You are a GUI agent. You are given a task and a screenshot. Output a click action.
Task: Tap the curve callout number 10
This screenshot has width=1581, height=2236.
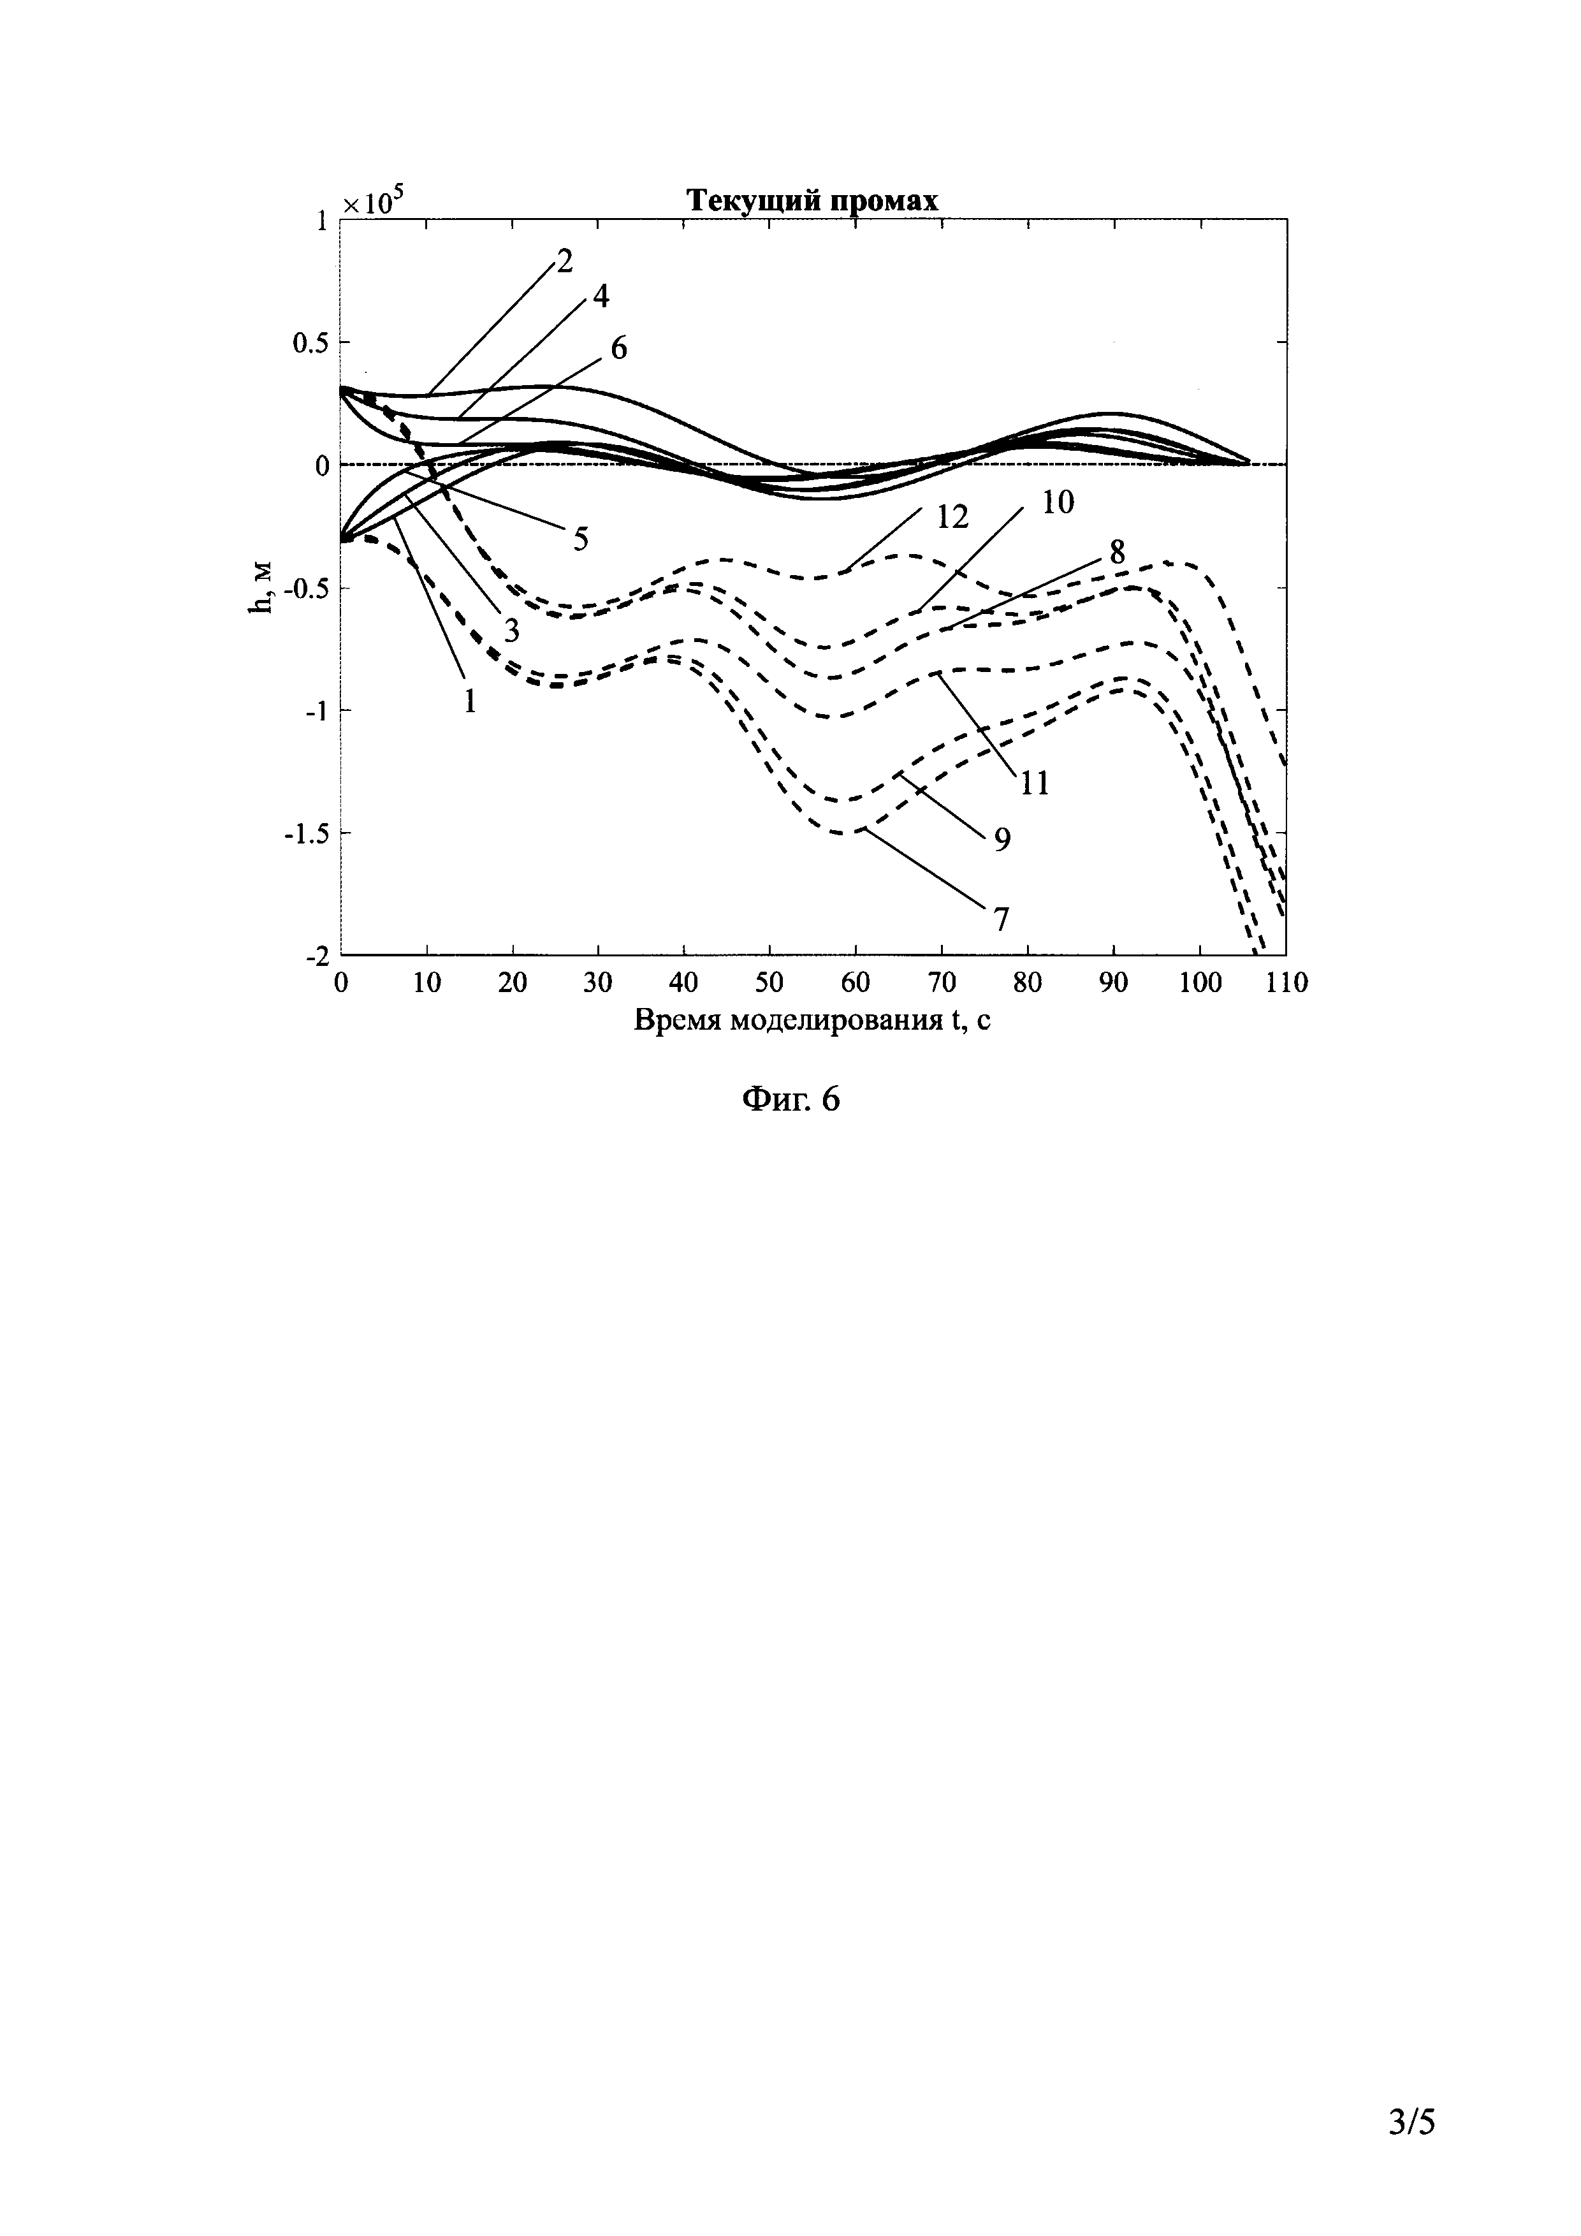coord(1057,502)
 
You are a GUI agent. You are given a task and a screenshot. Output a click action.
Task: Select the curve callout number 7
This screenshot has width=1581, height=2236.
coord(1001,918)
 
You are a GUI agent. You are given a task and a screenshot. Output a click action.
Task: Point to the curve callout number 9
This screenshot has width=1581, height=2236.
coord(1002,838)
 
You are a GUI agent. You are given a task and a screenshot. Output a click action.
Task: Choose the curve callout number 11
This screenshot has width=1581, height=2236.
coord(1034,782)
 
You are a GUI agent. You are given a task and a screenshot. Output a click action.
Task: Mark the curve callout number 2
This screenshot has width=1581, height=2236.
coord(563,260)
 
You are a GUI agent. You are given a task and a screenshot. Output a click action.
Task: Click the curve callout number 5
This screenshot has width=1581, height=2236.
coord(580,539)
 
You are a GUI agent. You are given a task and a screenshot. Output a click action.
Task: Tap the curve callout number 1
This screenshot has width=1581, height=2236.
coord(470,700)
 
